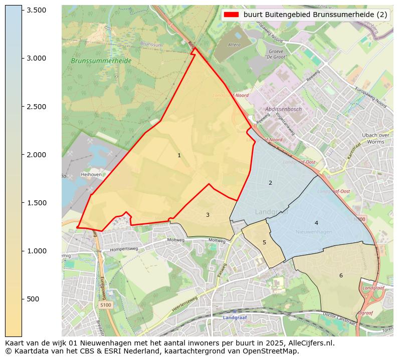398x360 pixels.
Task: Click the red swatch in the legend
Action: pos(231,15)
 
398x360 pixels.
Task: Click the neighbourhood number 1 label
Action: pos(179,156)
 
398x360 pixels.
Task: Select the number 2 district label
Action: pos(270,183)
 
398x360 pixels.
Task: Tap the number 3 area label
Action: pos(208,215)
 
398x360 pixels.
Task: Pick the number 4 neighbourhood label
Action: pos(316,223)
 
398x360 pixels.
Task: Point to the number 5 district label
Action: pos(264,243)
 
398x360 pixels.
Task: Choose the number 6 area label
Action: pos(341,275)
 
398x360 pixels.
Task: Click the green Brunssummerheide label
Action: pos(101,61)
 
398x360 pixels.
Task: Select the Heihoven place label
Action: pos(91,175)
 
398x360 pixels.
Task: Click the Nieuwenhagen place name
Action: pos(314,232)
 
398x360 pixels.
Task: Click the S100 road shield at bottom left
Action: pos(105,304)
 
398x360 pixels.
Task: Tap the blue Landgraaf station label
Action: pos(235,317)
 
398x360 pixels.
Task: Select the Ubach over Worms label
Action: pos(376,138)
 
